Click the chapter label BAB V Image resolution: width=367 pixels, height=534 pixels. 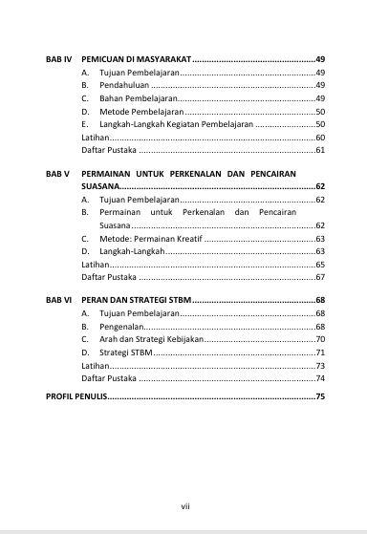(x=58, y=173)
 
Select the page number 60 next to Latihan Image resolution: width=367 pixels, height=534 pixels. (x=320, y=138)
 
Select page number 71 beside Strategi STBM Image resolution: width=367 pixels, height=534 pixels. (x=320, y=352)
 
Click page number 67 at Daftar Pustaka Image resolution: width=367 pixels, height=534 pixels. (x=320, y=277)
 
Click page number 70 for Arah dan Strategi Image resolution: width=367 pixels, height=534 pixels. (x=320, y=339)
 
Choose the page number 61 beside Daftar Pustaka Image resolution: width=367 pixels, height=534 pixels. (x=320, y=151)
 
